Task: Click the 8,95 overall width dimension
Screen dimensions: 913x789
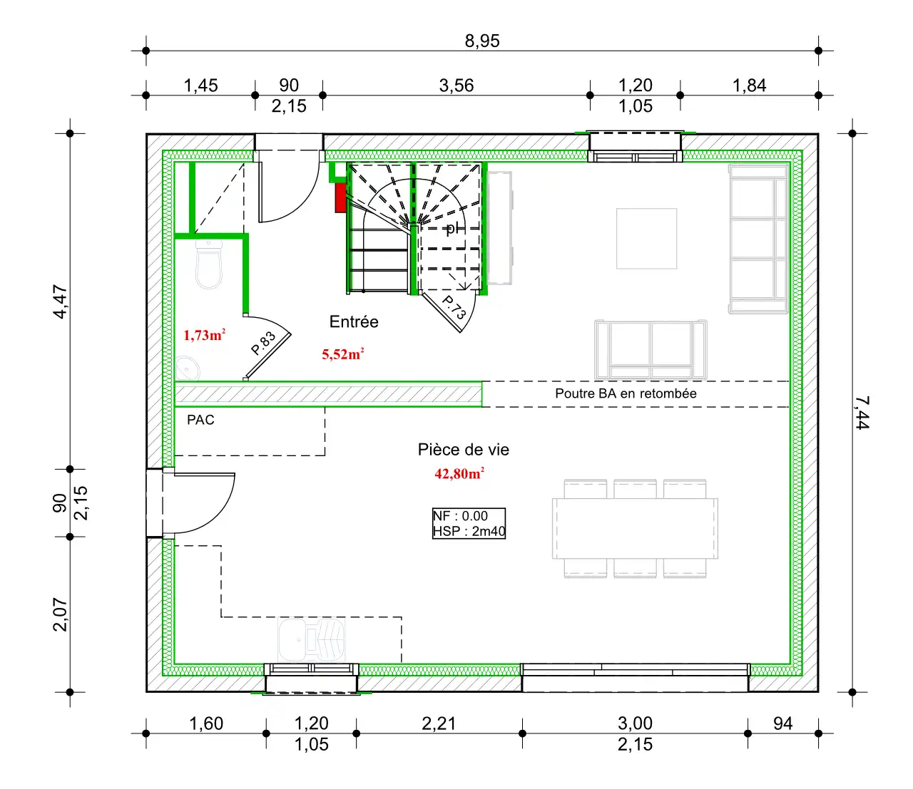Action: (x=482, y=41)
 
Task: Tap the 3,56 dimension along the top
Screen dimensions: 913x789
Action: (x=456, y=85)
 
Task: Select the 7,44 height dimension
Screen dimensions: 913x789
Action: (x=862, y=413)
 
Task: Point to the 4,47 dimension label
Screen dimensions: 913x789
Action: (x=60, y=301)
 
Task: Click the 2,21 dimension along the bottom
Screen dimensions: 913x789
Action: (x=439, y=723)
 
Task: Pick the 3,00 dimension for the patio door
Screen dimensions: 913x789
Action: (x=635, y=723)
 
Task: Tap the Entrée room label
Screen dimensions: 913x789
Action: (x=354, y=321)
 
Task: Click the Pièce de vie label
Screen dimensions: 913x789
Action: (x=464, y=450)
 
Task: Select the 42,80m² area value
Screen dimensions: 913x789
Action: (x=459, y=473)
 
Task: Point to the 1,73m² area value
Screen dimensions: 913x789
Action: (x=205, y=335)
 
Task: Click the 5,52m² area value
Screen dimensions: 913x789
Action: (x=343, y=354)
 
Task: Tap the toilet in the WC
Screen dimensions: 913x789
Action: (x=208, y=264)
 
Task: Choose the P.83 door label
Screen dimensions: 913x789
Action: (x=263, y=344)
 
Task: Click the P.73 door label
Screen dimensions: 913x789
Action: (x=454, y=307)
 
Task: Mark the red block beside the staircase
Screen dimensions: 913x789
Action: (x=340, y=197)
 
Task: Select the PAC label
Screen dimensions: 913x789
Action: (x=200, y=420)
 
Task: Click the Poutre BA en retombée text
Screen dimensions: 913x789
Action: (x=626, y=393)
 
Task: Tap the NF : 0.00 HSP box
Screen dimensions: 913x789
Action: (x=469, y=523)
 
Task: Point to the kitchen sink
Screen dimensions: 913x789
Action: (x=311, y=639)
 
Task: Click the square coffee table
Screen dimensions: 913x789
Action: (x=646, y=239)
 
